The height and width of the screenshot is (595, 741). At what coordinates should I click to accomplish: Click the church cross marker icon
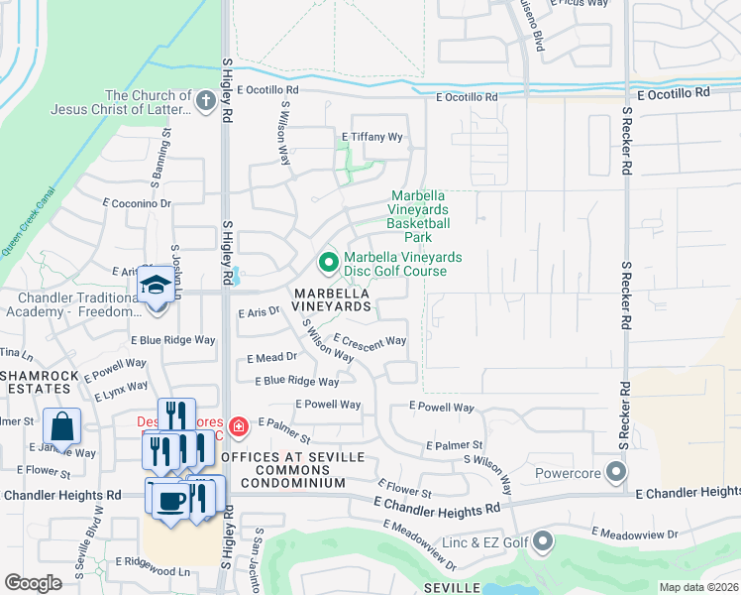coord(205,100)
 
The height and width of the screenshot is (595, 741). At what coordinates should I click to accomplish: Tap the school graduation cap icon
coord(156,286)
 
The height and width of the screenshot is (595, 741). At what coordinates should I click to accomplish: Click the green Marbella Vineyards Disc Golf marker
coord(329,263)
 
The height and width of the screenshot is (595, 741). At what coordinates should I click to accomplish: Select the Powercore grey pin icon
coord(618,472)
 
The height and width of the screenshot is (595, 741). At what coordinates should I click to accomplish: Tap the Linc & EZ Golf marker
coord(542,541)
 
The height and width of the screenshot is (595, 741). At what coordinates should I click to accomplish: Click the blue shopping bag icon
coord(61,426)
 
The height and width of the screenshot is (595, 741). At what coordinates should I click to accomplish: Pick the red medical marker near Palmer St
coord(238,427)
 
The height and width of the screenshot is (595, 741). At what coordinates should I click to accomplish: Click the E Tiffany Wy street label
coord(372,137)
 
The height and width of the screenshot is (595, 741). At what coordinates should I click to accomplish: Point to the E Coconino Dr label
coord(138,203)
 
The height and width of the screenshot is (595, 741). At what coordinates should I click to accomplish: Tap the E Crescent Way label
coord(370,341)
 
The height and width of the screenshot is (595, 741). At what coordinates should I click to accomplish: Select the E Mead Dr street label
coord(269,357)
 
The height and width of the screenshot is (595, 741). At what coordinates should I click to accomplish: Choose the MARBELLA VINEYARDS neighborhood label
coord(331,300)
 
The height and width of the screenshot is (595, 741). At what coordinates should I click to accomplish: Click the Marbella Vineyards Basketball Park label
coord(419,216)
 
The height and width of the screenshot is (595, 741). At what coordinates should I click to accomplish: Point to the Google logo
coord(33,583)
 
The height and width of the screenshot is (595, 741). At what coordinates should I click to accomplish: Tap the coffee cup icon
coord(169,499)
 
